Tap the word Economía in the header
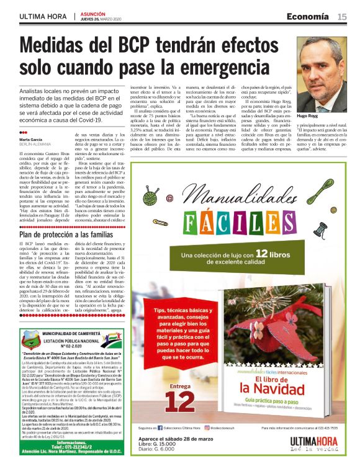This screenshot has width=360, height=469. coord(308,16)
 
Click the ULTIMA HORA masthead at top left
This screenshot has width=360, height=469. coord(43,16)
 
